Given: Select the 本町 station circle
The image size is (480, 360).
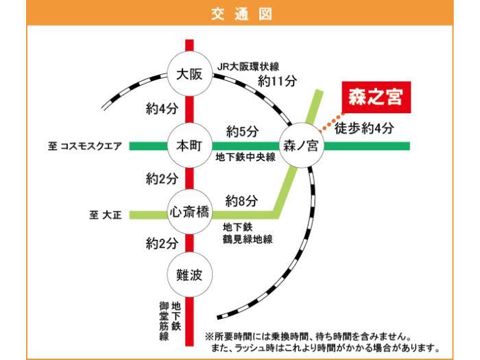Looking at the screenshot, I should pyautogui.click(x=190, y=145).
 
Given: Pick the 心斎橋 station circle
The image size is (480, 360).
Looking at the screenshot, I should pyautogui.click(x=190, y=213).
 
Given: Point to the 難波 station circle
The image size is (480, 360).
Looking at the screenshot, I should pyautogui.click(x=190, y=276).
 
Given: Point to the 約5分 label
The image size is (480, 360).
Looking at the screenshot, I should pyautogui.click(x=241, y=130).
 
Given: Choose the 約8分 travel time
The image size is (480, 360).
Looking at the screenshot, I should pyautogui.click(x=241, y=201).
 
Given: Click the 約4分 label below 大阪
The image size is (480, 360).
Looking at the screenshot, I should pyautogui.click(x=162, y=108).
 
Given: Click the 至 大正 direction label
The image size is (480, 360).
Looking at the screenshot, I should pyautogui.click(x=105, y=215).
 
